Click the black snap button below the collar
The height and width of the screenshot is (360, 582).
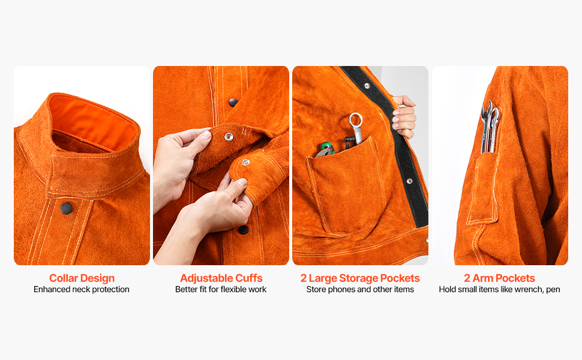point(67,208)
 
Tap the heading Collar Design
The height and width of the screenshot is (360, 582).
point(82,278)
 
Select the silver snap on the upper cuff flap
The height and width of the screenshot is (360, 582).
point(229,137)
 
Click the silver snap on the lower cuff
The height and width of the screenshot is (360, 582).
point(245,162)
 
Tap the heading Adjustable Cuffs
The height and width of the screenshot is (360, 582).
point(221,278)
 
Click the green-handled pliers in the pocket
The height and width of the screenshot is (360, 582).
point(325,150)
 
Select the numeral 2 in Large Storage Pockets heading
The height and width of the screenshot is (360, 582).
point(304,278)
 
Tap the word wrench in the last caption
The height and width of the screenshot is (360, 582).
point(532,289)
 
